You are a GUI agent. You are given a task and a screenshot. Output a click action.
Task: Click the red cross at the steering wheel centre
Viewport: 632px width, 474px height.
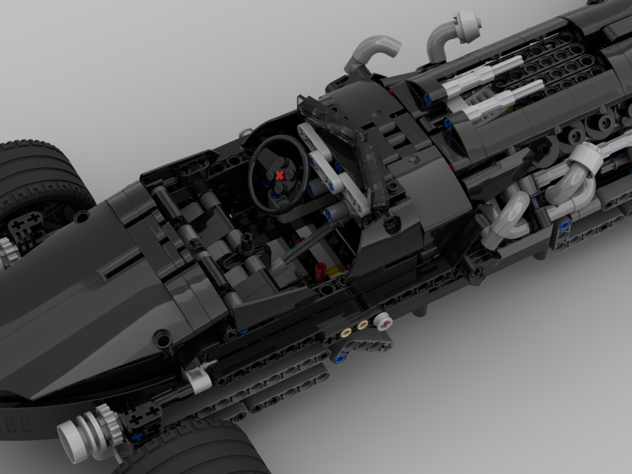[277, 174]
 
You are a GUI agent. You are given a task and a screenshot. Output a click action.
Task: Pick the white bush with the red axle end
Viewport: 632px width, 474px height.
[384, 322]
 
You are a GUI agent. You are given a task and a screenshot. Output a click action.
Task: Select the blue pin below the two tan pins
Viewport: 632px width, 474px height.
[340, 359]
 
